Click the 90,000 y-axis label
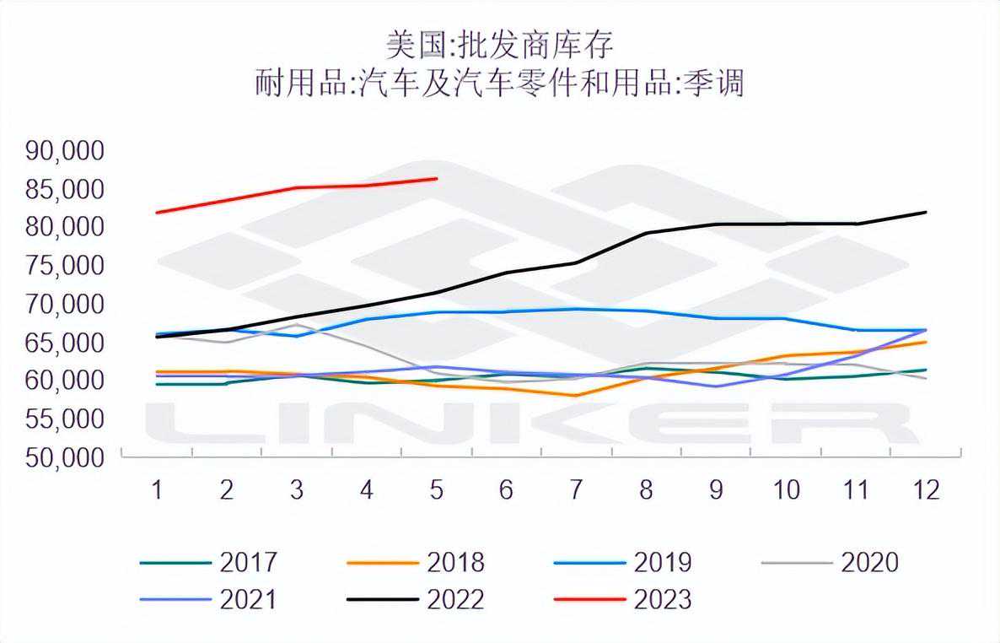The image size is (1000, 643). coord(65,151)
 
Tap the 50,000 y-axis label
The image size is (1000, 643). coord(65,457)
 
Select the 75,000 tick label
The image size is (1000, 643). coord(65,266)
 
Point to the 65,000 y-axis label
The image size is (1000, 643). coord(65,343)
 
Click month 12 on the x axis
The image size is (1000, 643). coord(926,490)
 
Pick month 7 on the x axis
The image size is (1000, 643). coord(576,490)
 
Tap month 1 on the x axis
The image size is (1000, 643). coord(157,490)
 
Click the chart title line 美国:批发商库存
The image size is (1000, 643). coord(500,44)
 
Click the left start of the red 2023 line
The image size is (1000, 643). coord(157,213)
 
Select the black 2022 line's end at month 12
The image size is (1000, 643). coord(927,212)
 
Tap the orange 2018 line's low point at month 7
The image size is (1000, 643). coord(576,395)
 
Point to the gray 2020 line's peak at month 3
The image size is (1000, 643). coord(297,324)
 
